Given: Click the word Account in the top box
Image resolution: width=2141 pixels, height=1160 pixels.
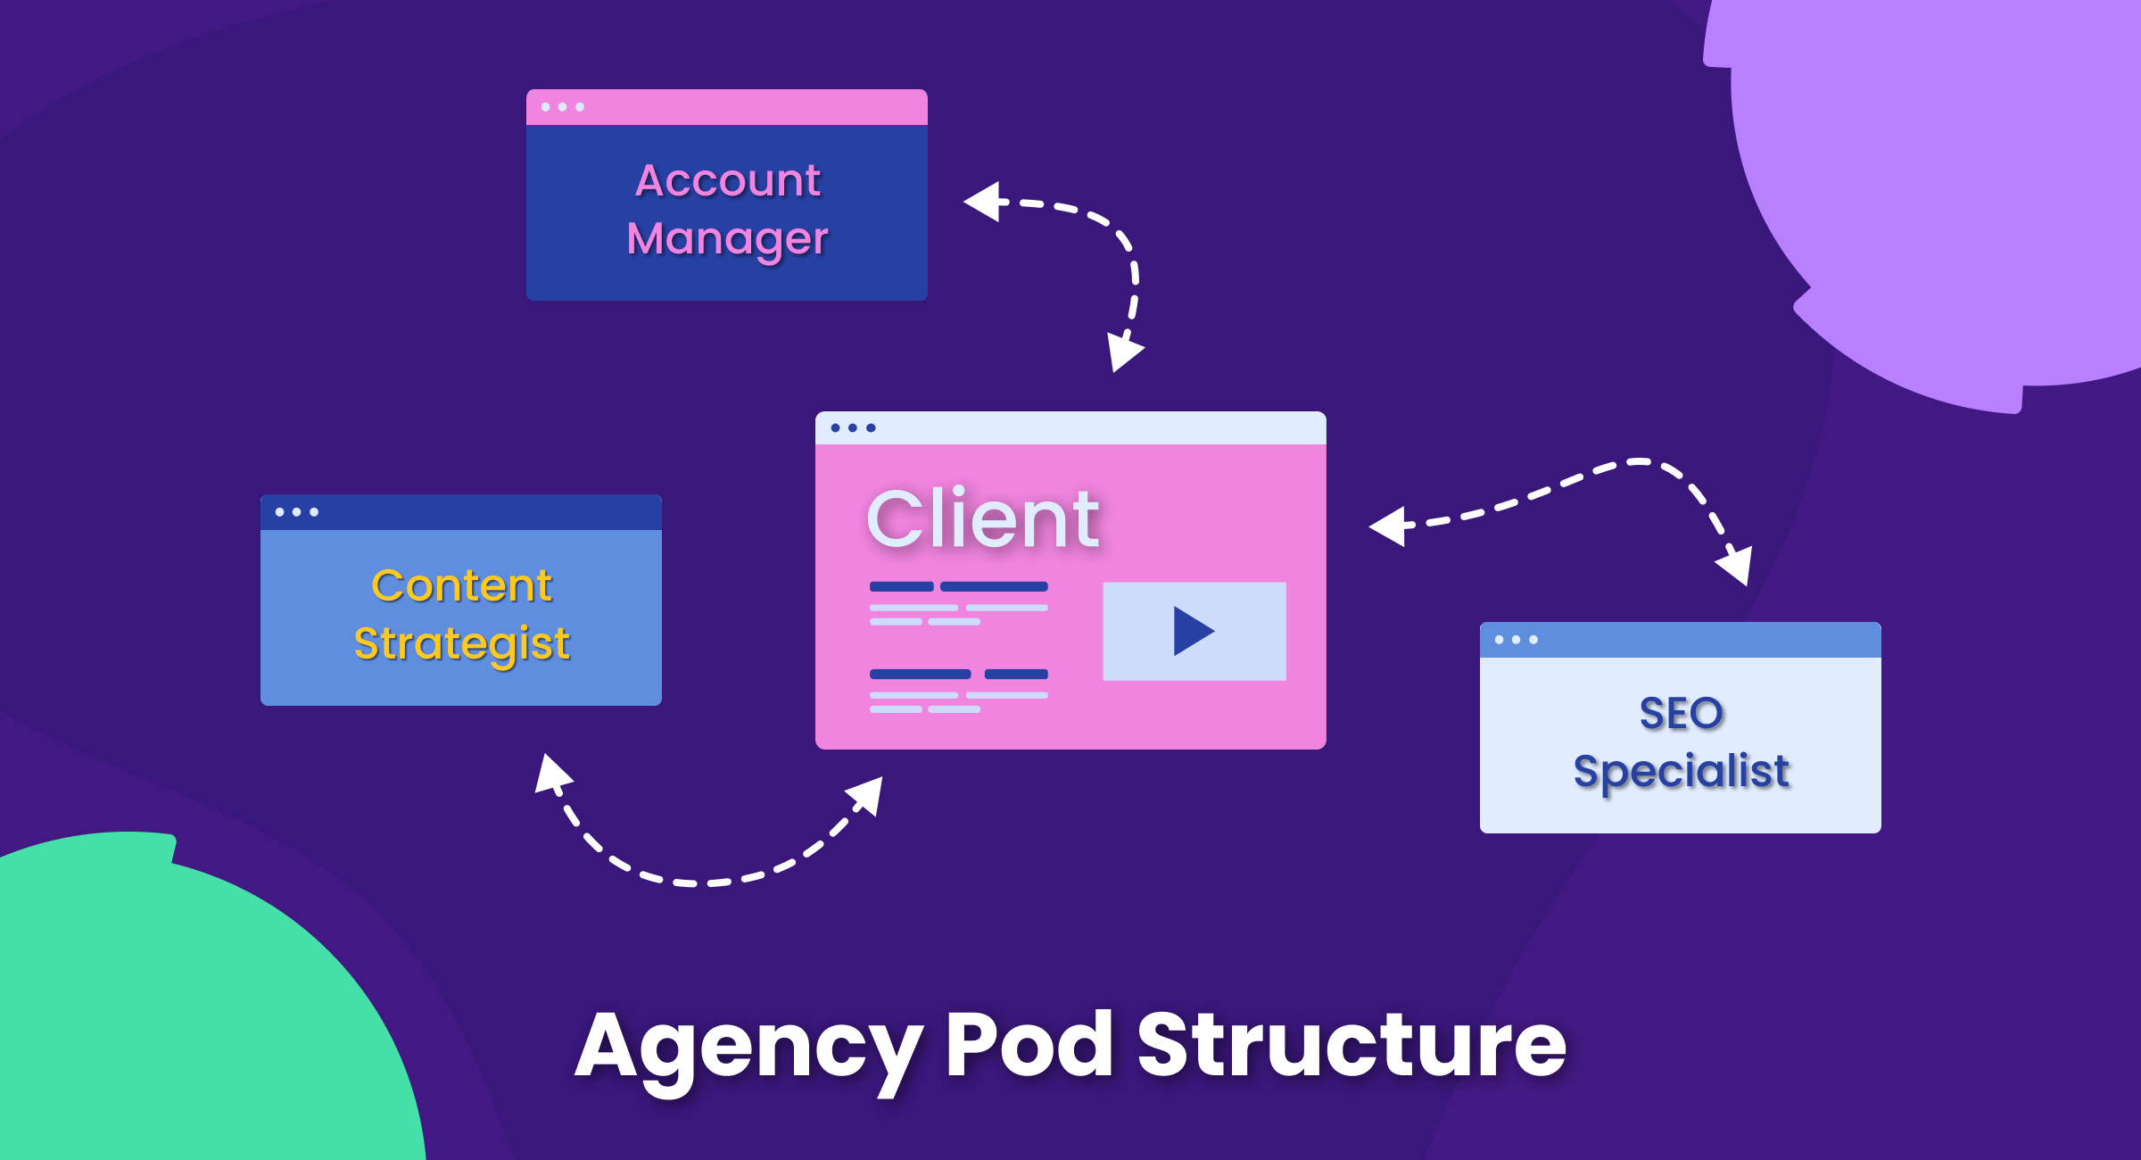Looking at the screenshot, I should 727,180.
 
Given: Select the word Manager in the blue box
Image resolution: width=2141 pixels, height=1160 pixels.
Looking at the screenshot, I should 727,239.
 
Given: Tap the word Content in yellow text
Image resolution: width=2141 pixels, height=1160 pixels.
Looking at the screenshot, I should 461,586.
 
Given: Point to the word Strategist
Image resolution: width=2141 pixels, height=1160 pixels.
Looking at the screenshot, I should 461,644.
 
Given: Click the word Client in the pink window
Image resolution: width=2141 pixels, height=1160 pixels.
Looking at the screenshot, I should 982,519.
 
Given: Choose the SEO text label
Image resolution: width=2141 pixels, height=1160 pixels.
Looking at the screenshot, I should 1681,713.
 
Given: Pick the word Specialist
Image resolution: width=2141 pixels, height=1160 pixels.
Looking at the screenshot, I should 1681,771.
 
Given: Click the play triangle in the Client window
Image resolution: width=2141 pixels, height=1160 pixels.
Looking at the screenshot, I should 1192,631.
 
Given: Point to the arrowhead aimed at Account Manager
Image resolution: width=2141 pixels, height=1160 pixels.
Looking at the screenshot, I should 987,202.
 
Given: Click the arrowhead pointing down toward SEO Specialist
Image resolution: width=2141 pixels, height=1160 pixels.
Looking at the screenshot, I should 1735,565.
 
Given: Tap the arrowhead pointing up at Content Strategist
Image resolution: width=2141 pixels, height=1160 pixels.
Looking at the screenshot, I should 551,774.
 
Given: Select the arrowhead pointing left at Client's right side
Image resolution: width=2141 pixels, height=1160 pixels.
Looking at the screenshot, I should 1390,526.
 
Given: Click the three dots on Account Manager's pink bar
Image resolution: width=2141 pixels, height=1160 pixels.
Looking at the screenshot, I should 562,107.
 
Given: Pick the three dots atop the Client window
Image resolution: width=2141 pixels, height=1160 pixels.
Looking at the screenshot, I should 853,428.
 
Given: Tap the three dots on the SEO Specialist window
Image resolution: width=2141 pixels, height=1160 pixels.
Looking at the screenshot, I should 1516,640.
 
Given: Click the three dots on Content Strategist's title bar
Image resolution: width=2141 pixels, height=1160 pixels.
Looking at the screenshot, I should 296,512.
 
